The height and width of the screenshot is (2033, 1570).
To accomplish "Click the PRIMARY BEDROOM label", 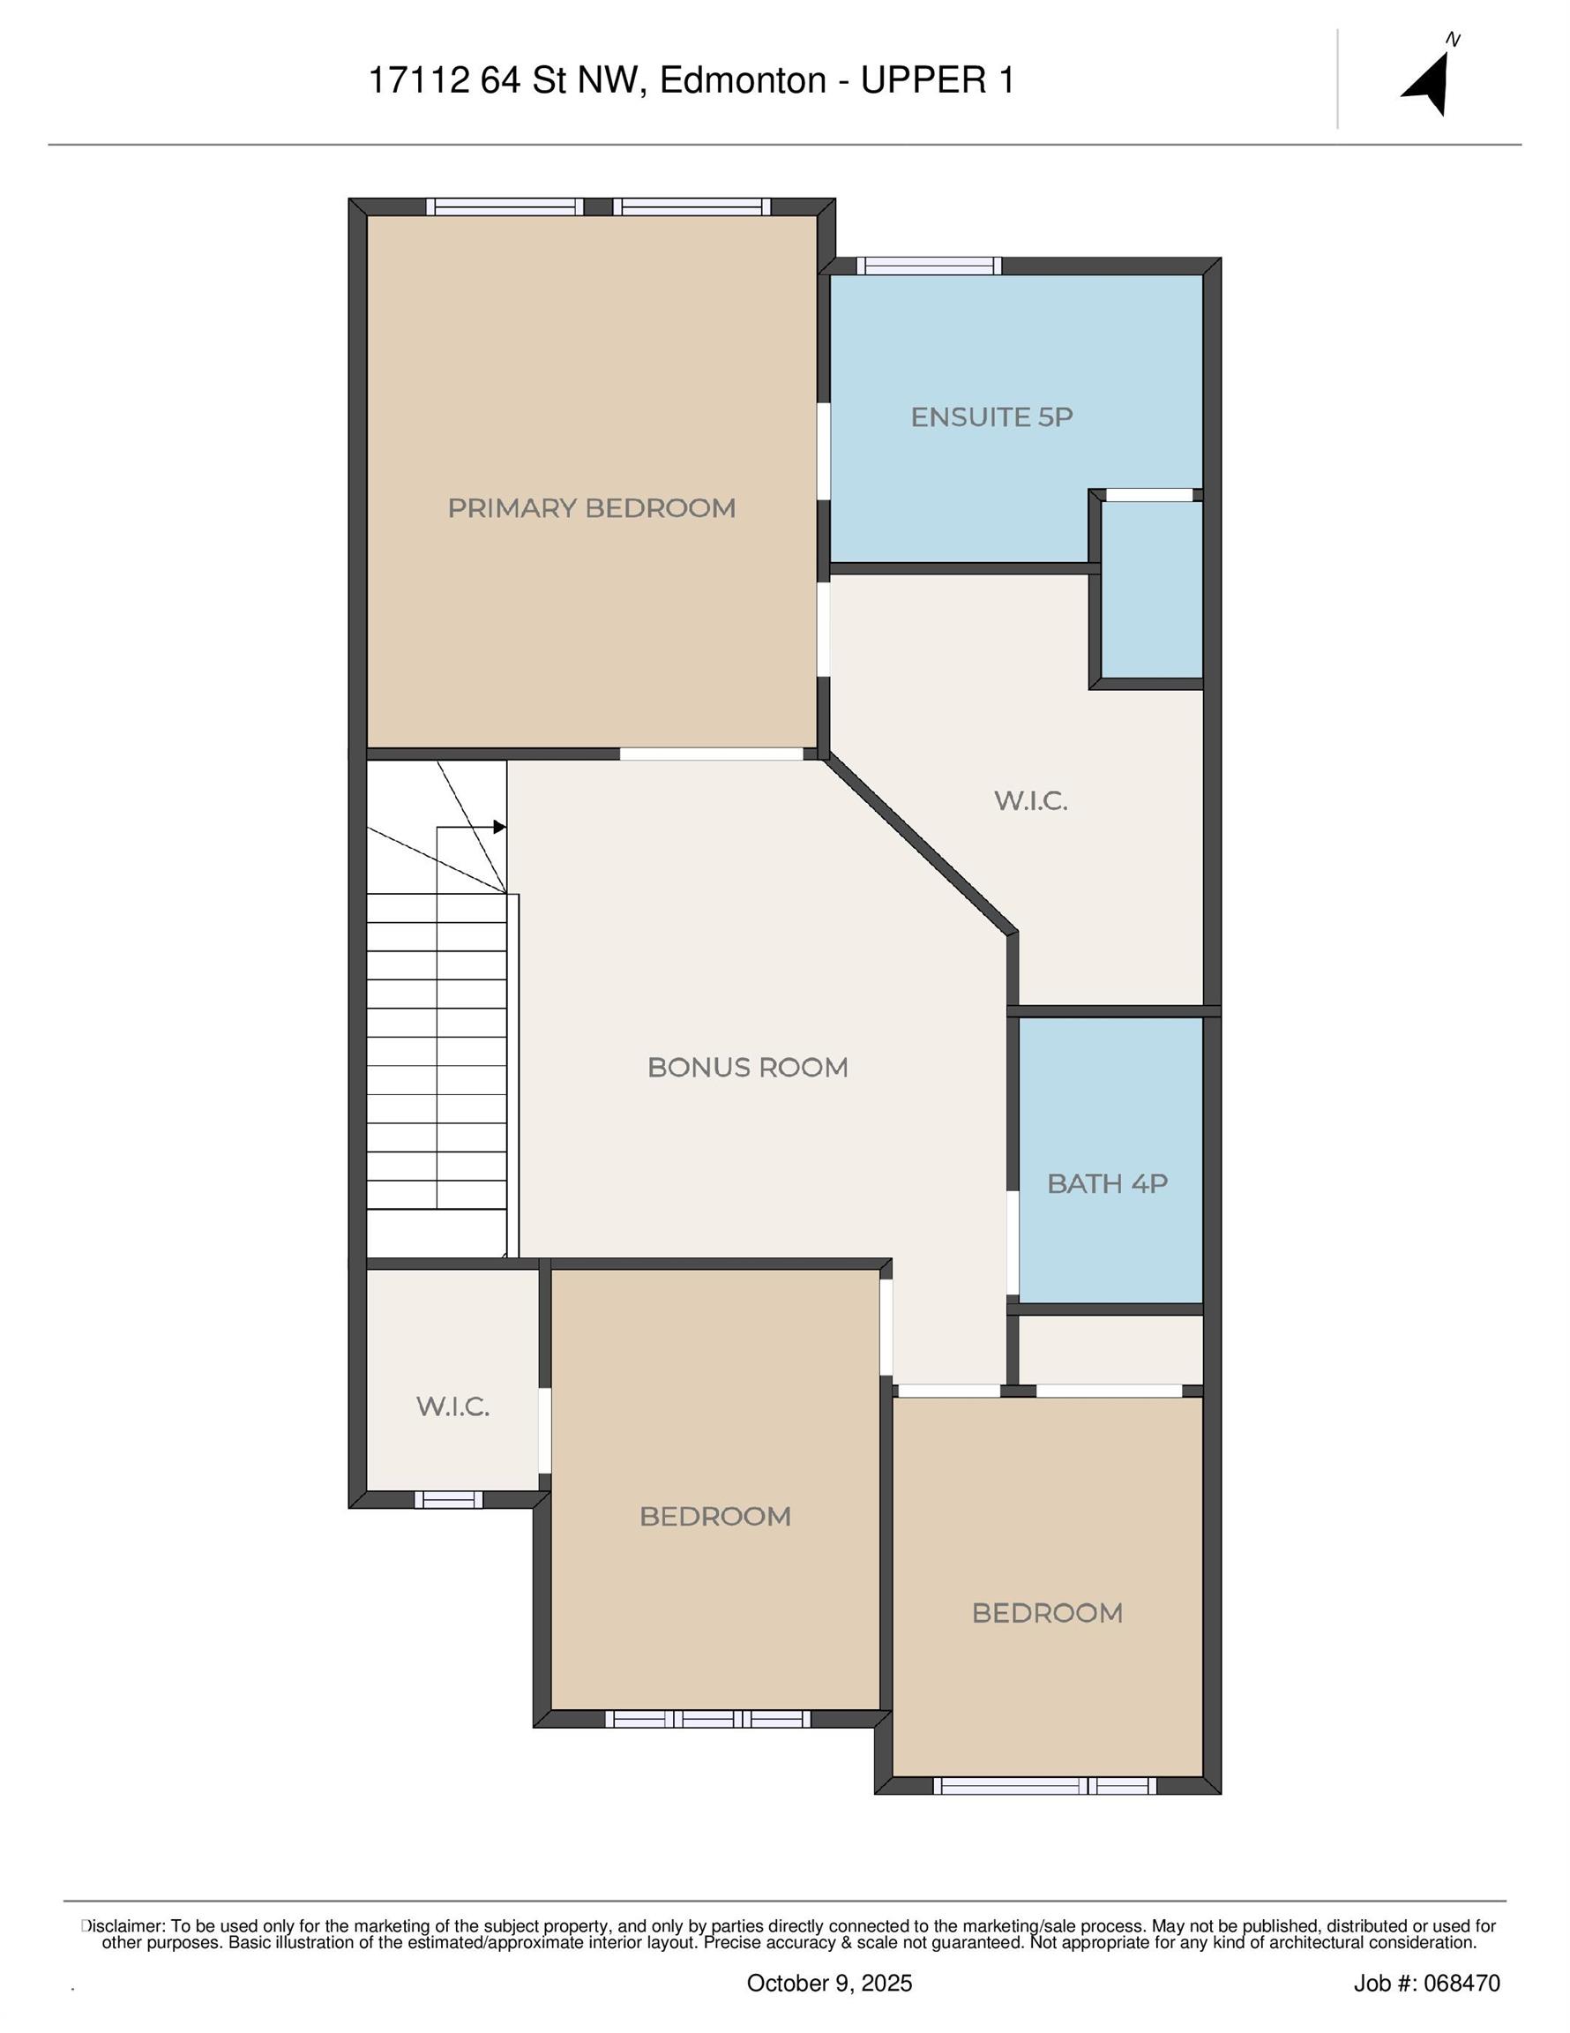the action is [x=591, y=508].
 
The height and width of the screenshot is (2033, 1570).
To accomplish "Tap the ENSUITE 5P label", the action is [x=991, y=417].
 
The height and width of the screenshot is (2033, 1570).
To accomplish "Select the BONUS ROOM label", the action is [x=747, y=1067].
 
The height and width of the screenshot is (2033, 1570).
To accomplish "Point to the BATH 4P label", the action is [x=1107, y=1183].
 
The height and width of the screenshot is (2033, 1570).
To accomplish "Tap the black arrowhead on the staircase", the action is [x=500, y=827].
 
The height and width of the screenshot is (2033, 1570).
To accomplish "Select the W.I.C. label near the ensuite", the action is [x=1030, y=800].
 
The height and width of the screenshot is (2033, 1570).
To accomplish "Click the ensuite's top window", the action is [x=929, y=266].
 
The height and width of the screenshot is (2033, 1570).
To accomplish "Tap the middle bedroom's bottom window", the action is [x=707, y=1719].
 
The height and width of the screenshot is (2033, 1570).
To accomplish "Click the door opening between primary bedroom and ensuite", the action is [x=824, y=452].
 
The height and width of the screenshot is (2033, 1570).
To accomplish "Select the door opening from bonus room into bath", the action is [x=1013, y=1243].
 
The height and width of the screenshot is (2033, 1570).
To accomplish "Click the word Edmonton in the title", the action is [x=743, y=80].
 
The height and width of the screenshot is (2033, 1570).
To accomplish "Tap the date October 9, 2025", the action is [x=829, y=1983].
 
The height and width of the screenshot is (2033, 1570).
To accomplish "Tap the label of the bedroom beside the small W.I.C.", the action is [x=714, y=1517].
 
